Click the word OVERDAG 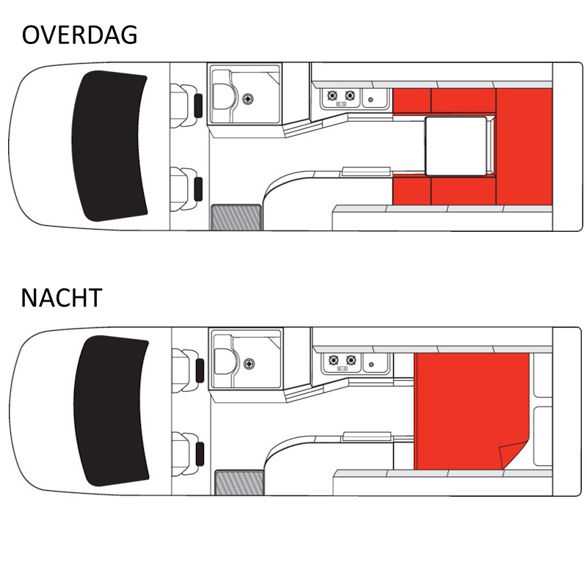80,34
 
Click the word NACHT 62,298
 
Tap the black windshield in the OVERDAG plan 109,146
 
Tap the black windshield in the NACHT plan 111,411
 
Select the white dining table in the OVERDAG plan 456,146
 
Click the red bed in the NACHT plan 472,411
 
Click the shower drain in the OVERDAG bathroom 247,99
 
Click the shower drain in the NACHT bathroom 249,363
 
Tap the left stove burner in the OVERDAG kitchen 332,96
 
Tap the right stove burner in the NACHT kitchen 351,360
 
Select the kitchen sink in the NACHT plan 376,363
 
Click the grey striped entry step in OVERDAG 236,217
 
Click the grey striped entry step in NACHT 239,483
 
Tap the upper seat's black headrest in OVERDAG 198,106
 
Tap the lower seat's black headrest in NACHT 200,453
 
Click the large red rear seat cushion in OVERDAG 524,147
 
